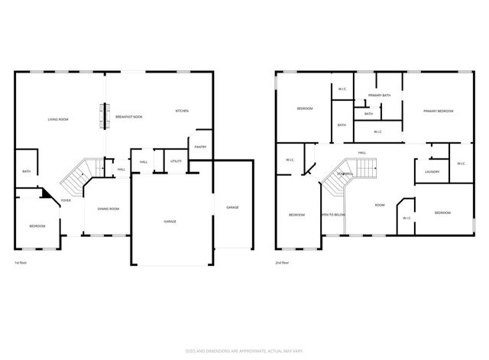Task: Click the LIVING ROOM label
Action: click(x=58, y=119)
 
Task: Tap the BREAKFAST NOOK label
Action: click(x=129, y=116)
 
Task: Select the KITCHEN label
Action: click(x=182, y=112)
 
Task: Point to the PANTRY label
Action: click(x=200, y=147)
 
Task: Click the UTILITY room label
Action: click(x=176, y=161)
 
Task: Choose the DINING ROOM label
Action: click(x=108, y=209)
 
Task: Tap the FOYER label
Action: click(x=66, y=200)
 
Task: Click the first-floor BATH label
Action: click(x=26, y=172)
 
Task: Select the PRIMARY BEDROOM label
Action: click(x=439, y=112)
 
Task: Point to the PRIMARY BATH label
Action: click(x=379, y=96)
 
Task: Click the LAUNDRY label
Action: click(x=431, y=172)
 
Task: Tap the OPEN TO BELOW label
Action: click(x=333, y=215)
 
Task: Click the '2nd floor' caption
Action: click(x=282, y=262)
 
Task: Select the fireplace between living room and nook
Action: click(x=105, y=115)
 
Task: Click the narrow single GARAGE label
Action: click(x=232, y=208)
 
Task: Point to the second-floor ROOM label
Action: click(x=379, y=205)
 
